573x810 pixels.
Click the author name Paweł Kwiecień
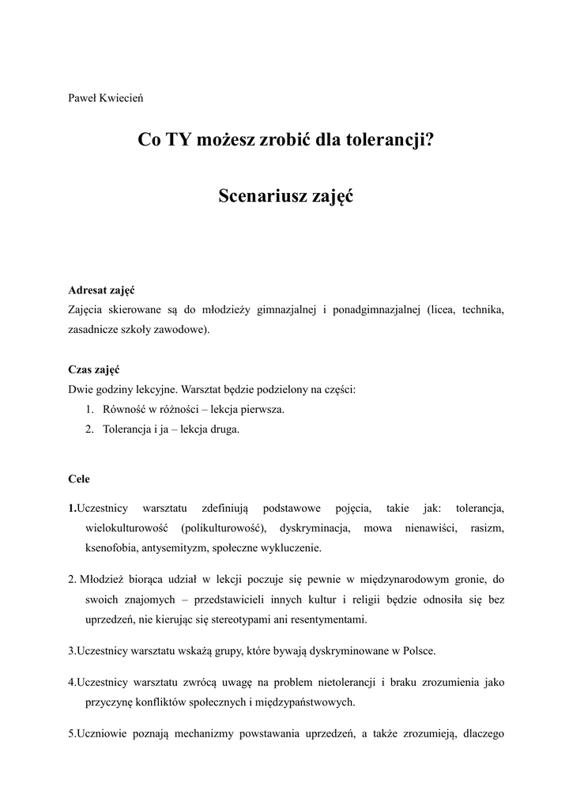pos(105,98)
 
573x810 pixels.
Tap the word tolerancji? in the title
pos(389,142)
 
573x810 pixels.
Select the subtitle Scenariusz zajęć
pos(286,197)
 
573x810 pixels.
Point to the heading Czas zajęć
pos(94,370)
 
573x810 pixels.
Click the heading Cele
pos(79,479)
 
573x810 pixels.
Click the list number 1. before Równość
pos(89,410)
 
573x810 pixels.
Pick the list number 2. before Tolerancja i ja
pos(89,430)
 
